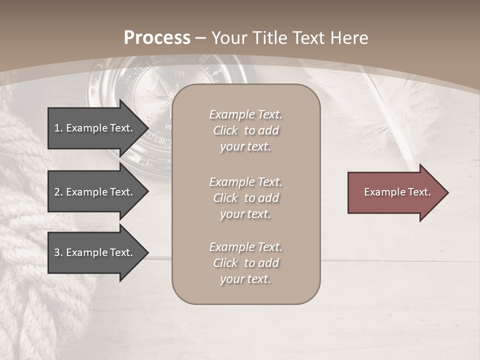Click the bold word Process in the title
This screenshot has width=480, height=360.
(157, 38)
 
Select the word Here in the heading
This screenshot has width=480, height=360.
(349, 38)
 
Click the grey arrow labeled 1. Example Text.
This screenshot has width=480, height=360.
(95, 128)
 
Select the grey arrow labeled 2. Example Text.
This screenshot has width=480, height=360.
(95, 192)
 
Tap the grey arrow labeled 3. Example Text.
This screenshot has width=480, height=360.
(95, 252)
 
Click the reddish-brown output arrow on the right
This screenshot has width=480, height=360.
(395, 192)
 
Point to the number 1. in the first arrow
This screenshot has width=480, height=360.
(58, 128)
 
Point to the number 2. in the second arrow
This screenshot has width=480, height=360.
(58, 192)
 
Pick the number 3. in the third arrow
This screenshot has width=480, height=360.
(58, 252)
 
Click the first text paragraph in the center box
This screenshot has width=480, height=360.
(245, 130)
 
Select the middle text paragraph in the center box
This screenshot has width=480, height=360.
(245, 198)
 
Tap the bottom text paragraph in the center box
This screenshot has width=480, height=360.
(245, 263)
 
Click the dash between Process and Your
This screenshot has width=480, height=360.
(201, 38)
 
